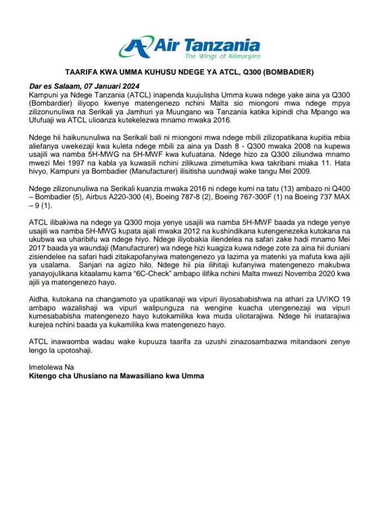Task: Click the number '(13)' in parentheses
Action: click(267, 188)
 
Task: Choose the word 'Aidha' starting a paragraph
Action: click(38, 299)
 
